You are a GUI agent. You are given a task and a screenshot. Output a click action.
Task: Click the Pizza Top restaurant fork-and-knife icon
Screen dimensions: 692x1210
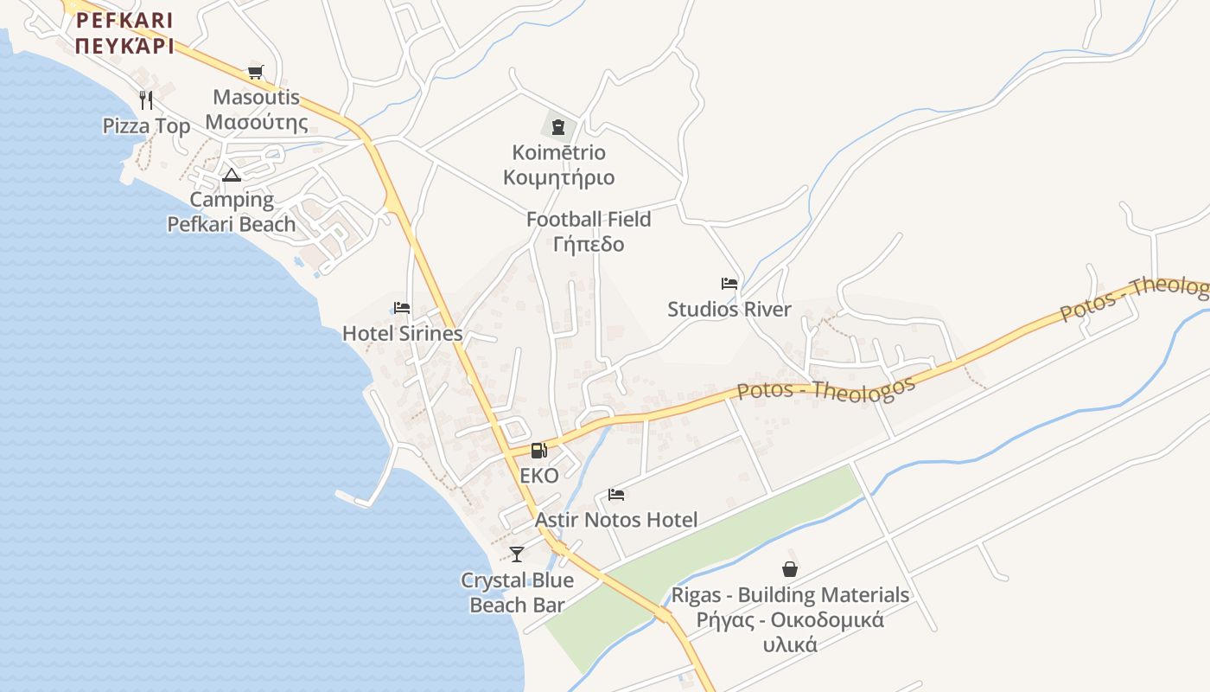146,100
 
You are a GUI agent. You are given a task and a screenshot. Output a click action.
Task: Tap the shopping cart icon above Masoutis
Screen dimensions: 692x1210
255,72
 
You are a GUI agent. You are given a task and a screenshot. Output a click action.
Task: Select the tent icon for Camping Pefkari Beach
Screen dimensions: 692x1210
231,175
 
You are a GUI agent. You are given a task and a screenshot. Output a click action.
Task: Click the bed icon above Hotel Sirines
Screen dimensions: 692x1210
401,308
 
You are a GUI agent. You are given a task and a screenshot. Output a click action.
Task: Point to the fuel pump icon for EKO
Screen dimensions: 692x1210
538,450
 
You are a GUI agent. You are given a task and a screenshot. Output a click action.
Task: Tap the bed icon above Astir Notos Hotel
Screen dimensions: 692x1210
616,495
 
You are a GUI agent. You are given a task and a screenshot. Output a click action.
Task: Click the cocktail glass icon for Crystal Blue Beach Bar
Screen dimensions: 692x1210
517,554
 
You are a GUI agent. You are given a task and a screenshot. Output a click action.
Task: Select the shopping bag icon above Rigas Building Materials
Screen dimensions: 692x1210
789,569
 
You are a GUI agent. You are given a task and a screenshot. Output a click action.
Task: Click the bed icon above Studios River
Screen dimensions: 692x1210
729,284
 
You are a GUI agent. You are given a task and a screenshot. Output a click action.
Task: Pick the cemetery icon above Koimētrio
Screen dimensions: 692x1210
558,127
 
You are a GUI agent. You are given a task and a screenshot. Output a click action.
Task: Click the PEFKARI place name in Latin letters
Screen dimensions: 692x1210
124,20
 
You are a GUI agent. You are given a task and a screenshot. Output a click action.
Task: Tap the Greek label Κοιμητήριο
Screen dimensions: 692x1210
559,178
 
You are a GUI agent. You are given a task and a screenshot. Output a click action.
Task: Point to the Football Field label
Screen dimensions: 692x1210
589,220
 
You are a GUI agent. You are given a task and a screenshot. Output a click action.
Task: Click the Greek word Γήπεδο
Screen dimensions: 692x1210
589,244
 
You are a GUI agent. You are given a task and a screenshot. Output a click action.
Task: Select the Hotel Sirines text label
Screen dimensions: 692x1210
403,333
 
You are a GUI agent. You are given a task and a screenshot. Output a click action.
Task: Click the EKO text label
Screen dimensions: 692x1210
539,475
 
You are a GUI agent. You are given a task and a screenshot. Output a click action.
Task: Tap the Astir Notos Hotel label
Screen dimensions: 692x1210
616,520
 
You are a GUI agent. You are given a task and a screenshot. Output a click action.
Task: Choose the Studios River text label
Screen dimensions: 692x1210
729,309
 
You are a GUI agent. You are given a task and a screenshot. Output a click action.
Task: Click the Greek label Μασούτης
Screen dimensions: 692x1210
257,122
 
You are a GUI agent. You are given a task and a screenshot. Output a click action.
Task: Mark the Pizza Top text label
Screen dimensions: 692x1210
147,126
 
